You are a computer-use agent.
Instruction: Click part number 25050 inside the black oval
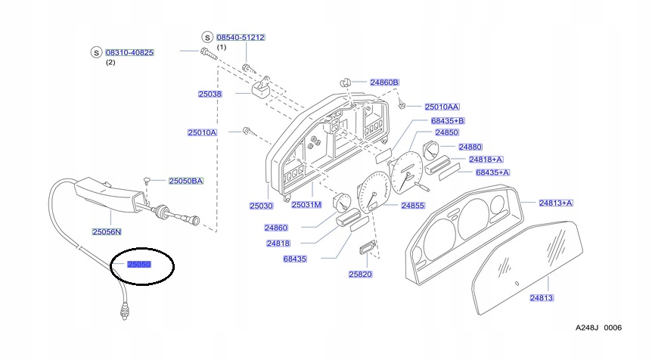[139, 265]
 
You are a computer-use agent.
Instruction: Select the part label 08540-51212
[241, 37]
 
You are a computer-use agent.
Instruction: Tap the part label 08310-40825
[129, 52]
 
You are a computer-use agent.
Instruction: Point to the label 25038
[210, 94]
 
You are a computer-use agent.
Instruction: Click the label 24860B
[383, 82]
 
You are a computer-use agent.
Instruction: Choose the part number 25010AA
[442, 107]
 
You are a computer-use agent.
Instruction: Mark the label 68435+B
[447, 121]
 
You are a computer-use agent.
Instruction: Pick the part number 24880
[470, 147]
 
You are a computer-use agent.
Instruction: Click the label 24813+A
[555, 203]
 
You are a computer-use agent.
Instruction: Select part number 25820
[360, 274]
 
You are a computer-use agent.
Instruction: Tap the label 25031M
[306, 205]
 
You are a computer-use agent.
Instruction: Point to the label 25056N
[107, 231]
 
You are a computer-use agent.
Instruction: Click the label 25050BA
[186, 181]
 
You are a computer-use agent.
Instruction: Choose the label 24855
[412, 205]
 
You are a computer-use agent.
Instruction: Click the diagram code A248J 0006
[598, 327]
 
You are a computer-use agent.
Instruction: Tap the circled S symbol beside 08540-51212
[206, 37]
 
